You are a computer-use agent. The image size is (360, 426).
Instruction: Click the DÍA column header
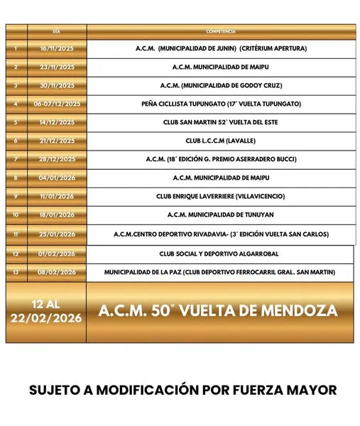57,32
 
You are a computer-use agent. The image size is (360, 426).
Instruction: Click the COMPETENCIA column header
221,32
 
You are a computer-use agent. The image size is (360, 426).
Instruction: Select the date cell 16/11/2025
57,49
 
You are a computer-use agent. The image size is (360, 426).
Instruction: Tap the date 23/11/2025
57,67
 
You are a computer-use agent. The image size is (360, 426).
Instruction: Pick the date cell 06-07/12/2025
57,104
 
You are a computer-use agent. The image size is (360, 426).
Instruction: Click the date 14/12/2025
57,122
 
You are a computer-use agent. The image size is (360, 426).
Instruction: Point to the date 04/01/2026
57,177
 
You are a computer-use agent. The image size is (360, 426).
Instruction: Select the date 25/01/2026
57,234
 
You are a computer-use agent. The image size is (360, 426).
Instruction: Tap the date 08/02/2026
57,272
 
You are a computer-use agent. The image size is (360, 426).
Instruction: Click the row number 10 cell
16,214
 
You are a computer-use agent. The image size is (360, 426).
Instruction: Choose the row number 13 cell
16,272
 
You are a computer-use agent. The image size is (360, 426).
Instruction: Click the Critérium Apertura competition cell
221,49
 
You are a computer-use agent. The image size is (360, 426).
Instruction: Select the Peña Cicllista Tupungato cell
221,104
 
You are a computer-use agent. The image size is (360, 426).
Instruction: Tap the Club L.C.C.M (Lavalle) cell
221,141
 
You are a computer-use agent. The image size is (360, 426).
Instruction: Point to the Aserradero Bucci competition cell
221,159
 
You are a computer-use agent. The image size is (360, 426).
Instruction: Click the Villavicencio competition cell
221,196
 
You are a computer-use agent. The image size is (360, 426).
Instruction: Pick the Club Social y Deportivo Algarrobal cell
220,253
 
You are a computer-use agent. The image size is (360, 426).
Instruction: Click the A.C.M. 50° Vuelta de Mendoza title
218,312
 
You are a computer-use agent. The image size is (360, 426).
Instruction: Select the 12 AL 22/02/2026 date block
46,312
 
